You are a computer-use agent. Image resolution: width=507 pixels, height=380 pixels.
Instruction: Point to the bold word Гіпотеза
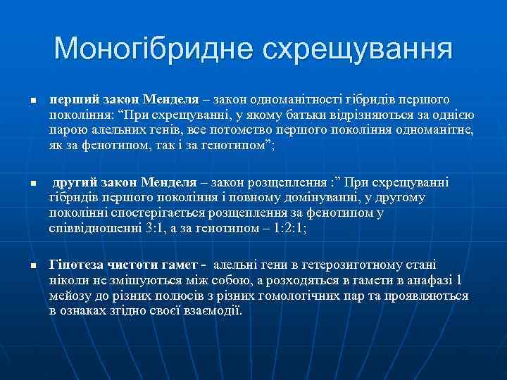pos(76,265)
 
